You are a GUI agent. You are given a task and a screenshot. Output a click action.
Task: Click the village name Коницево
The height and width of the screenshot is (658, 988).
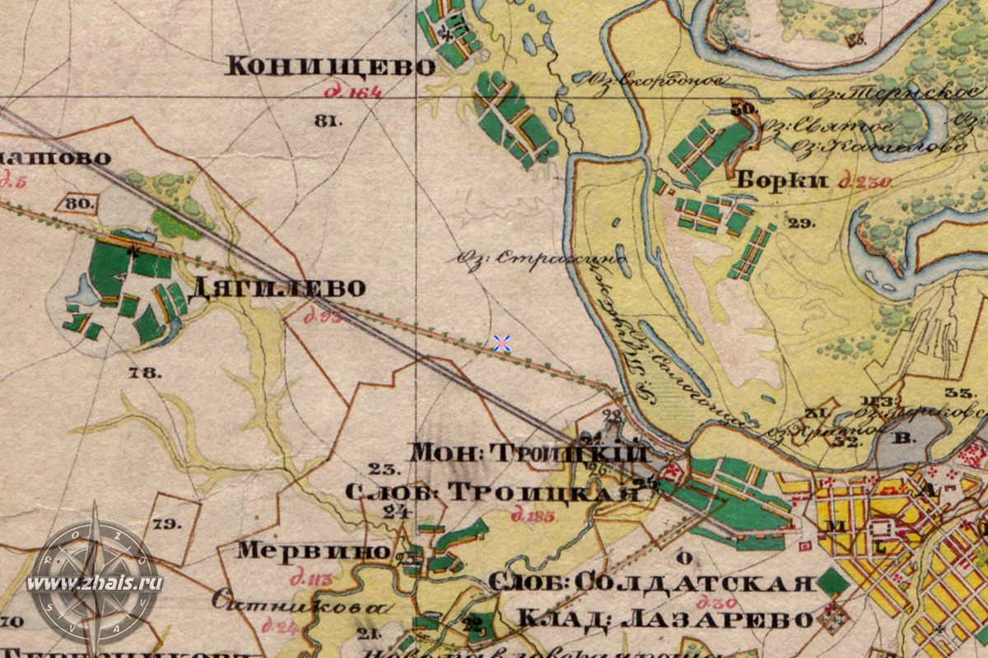(329, 66)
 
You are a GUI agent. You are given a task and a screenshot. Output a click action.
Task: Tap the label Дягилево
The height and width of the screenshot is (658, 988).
(277, 288)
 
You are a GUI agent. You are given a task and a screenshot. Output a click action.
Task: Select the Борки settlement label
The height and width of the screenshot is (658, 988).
(781, 181)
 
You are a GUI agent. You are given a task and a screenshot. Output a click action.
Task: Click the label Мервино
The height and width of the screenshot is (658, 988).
(313, 550)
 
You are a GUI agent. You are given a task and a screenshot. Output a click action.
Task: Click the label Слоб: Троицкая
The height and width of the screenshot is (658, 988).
(492, 492)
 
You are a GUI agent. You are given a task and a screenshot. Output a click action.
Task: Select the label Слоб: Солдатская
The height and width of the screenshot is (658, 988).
(650, 582)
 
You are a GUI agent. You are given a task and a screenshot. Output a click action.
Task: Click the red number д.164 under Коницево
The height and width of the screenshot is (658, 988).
(353, 93)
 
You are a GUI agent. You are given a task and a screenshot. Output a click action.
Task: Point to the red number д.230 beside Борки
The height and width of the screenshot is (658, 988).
(864, 183)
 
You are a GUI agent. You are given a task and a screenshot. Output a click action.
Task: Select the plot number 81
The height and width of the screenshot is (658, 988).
(328, 121)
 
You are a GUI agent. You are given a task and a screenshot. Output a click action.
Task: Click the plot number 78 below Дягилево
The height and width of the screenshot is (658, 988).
(145, 373)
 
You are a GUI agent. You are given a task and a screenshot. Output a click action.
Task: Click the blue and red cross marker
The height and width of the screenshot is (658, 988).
(501, 343)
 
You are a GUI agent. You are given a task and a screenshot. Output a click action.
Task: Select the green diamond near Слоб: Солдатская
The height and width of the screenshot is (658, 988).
(833, 583)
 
